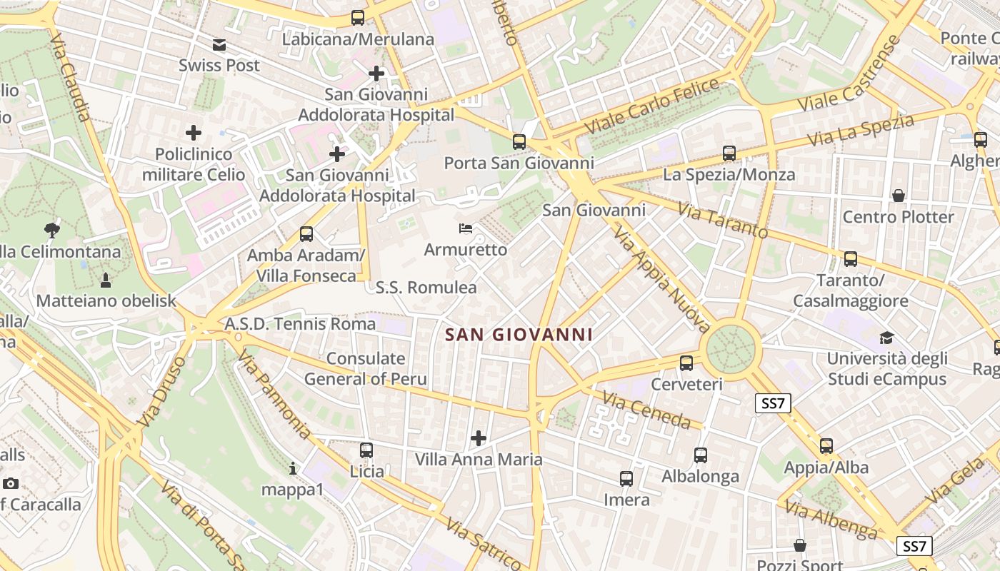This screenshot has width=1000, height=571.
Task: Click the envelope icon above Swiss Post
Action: tap(219, 45)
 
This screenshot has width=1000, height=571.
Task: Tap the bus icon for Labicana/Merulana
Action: tap(357, 18)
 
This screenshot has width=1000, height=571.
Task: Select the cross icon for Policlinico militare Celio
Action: tap(194, 133)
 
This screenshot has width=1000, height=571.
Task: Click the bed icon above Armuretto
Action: tap(465, 228)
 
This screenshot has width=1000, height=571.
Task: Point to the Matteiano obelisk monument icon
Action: tap(106, 280)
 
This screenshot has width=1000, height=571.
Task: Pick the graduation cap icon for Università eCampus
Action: tap(886, 338)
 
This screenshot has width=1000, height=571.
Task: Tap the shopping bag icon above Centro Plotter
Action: tap(898, 196)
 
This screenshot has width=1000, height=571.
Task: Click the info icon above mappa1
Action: tap(292, 469)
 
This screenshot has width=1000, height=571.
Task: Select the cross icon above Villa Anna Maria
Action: tap(479, 438)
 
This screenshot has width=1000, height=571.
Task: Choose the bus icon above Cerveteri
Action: tap(686, 363)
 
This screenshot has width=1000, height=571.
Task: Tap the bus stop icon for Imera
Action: tap(626, 479)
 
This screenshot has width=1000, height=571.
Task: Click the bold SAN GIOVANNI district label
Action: tap(519, 334)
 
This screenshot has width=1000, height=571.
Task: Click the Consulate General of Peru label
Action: tap(366, 369)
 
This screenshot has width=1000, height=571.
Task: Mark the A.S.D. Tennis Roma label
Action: tap(300, 324)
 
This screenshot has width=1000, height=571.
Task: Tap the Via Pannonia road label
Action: tap(275, 394)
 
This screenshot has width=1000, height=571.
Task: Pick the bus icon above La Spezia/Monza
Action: tap(729, 153)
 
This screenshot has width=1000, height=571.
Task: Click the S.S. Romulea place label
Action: tap(426, 288)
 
